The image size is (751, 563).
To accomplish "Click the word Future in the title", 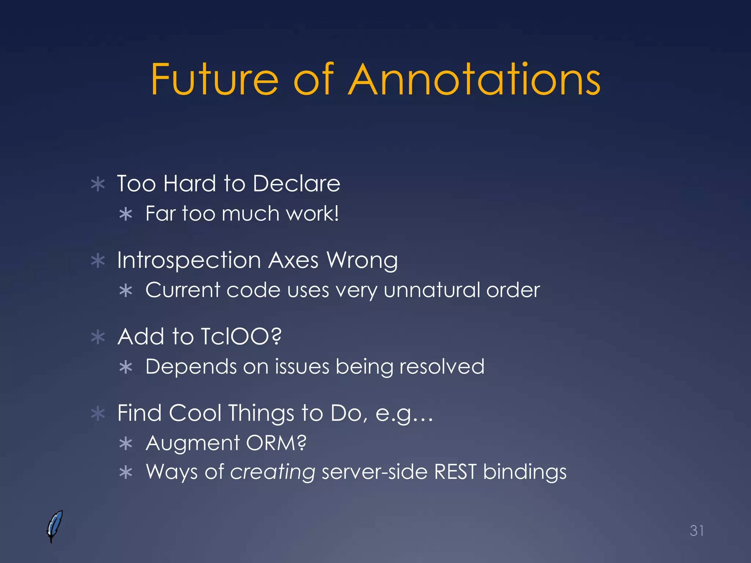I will click(x=215, y=80).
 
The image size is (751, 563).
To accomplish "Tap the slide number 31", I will click(x=696, y=530).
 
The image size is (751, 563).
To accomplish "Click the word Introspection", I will click(x=189, y=261).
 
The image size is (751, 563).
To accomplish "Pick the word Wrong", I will click(x=362, y=261).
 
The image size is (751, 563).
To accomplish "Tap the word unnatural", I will click(x=432, y=290).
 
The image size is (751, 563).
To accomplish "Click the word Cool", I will click(x=195, y=413).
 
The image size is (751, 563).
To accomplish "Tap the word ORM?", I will click(x=276, y=443).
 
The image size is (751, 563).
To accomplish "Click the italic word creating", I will click(x=272, y=472).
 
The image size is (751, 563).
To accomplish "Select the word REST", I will click(x=455, y=472).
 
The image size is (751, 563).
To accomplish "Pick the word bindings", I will click(x=524, y=472).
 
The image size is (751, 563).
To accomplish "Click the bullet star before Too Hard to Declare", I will click(x=98, y=184).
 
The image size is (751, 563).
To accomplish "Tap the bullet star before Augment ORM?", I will click(x=126, y=444).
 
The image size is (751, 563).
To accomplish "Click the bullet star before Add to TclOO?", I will click(x=98, y=337).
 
